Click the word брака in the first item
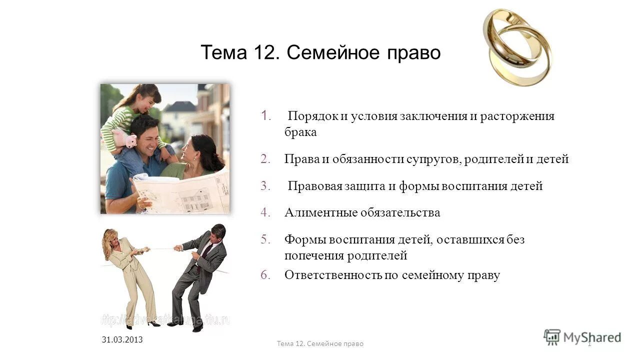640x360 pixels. pos(300,132)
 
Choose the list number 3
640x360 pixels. pos(264,186)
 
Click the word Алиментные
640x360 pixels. pos(320,213)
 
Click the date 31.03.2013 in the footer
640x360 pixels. pos(122,339)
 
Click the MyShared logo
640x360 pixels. pos(583,337)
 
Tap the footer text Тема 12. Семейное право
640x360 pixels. pos(320,343)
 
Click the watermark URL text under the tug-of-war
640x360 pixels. pos(165,318)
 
